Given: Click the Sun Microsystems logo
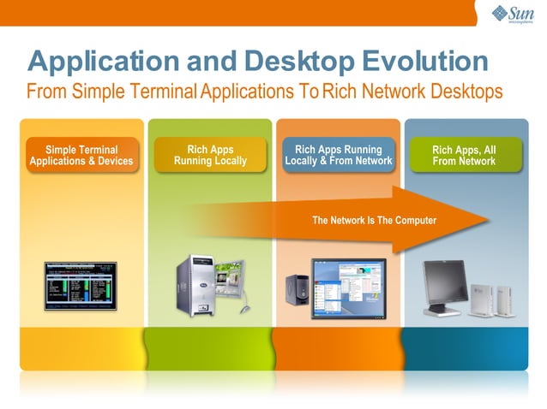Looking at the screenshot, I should (514, 14).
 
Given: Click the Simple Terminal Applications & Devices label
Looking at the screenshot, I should (81, 155).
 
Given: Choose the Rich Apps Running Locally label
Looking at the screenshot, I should (210, 155).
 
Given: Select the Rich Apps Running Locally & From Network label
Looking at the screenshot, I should (338, 155).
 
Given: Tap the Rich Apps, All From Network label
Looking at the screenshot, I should (464, 155).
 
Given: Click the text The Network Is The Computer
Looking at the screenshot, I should (374, 221).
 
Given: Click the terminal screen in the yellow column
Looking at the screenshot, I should (81, 285).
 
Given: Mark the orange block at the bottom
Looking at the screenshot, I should (337, 348).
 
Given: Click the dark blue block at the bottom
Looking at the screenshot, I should (464, 348).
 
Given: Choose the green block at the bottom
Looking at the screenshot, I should (210, 348).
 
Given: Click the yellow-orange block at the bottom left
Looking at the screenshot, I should (81, 348).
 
